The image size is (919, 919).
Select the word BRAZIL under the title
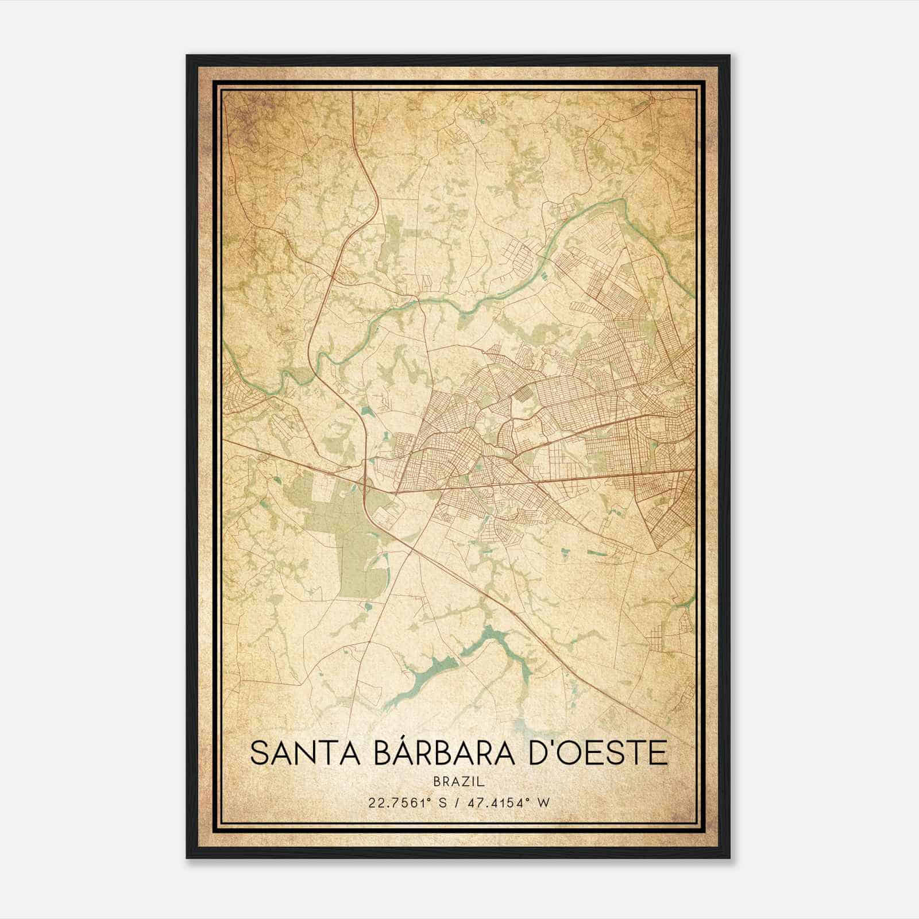459,782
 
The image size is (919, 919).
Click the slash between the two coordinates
459,803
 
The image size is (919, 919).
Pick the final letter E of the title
660,753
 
